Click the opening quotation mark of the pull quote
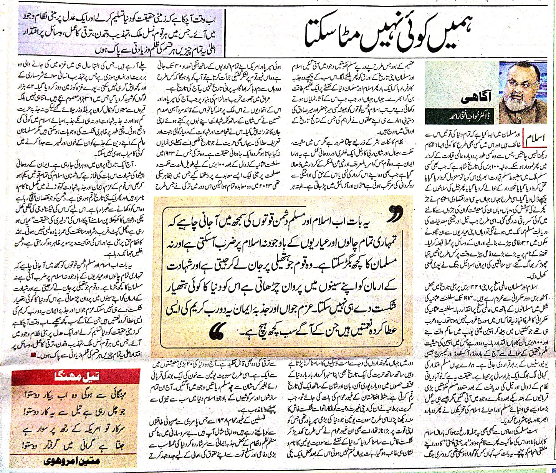(394, 218)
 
